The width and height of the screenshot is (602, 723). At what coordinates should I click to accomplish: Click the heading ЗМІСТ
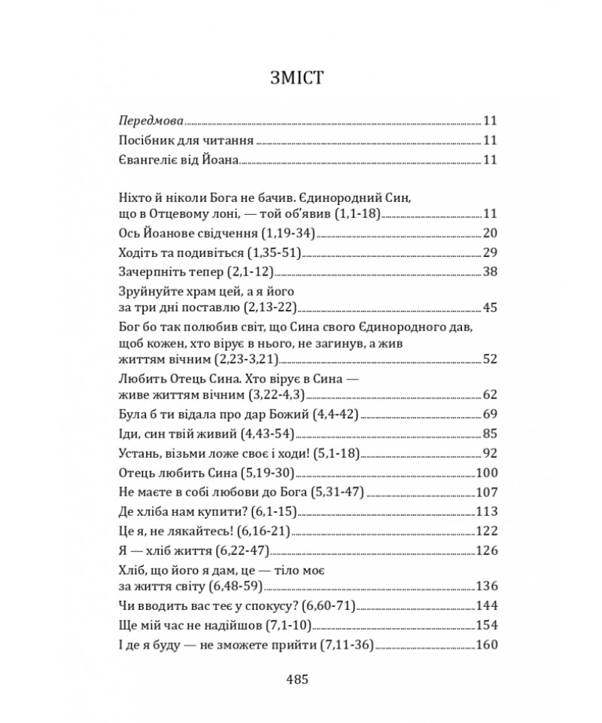(300, 79)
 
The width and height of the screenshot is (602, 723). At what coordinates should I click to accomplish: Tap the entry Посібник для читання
(187, 140)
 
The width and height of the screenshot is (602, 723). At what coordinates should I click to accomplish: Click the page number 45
(490, 307)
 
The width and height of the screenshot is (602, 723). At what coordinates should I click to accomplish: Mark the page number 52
(490, 358)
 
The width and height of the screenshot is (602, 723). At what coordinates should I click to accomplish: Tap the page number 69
(490, 414)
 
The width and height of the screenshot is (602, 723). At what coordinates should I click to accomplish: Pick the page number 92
(490, 453)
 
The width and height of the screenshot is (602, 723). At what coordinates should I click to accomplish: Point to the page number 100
(487, 473)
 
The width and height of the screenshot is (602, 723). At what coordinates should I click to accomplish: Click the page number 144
(487, 604)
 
